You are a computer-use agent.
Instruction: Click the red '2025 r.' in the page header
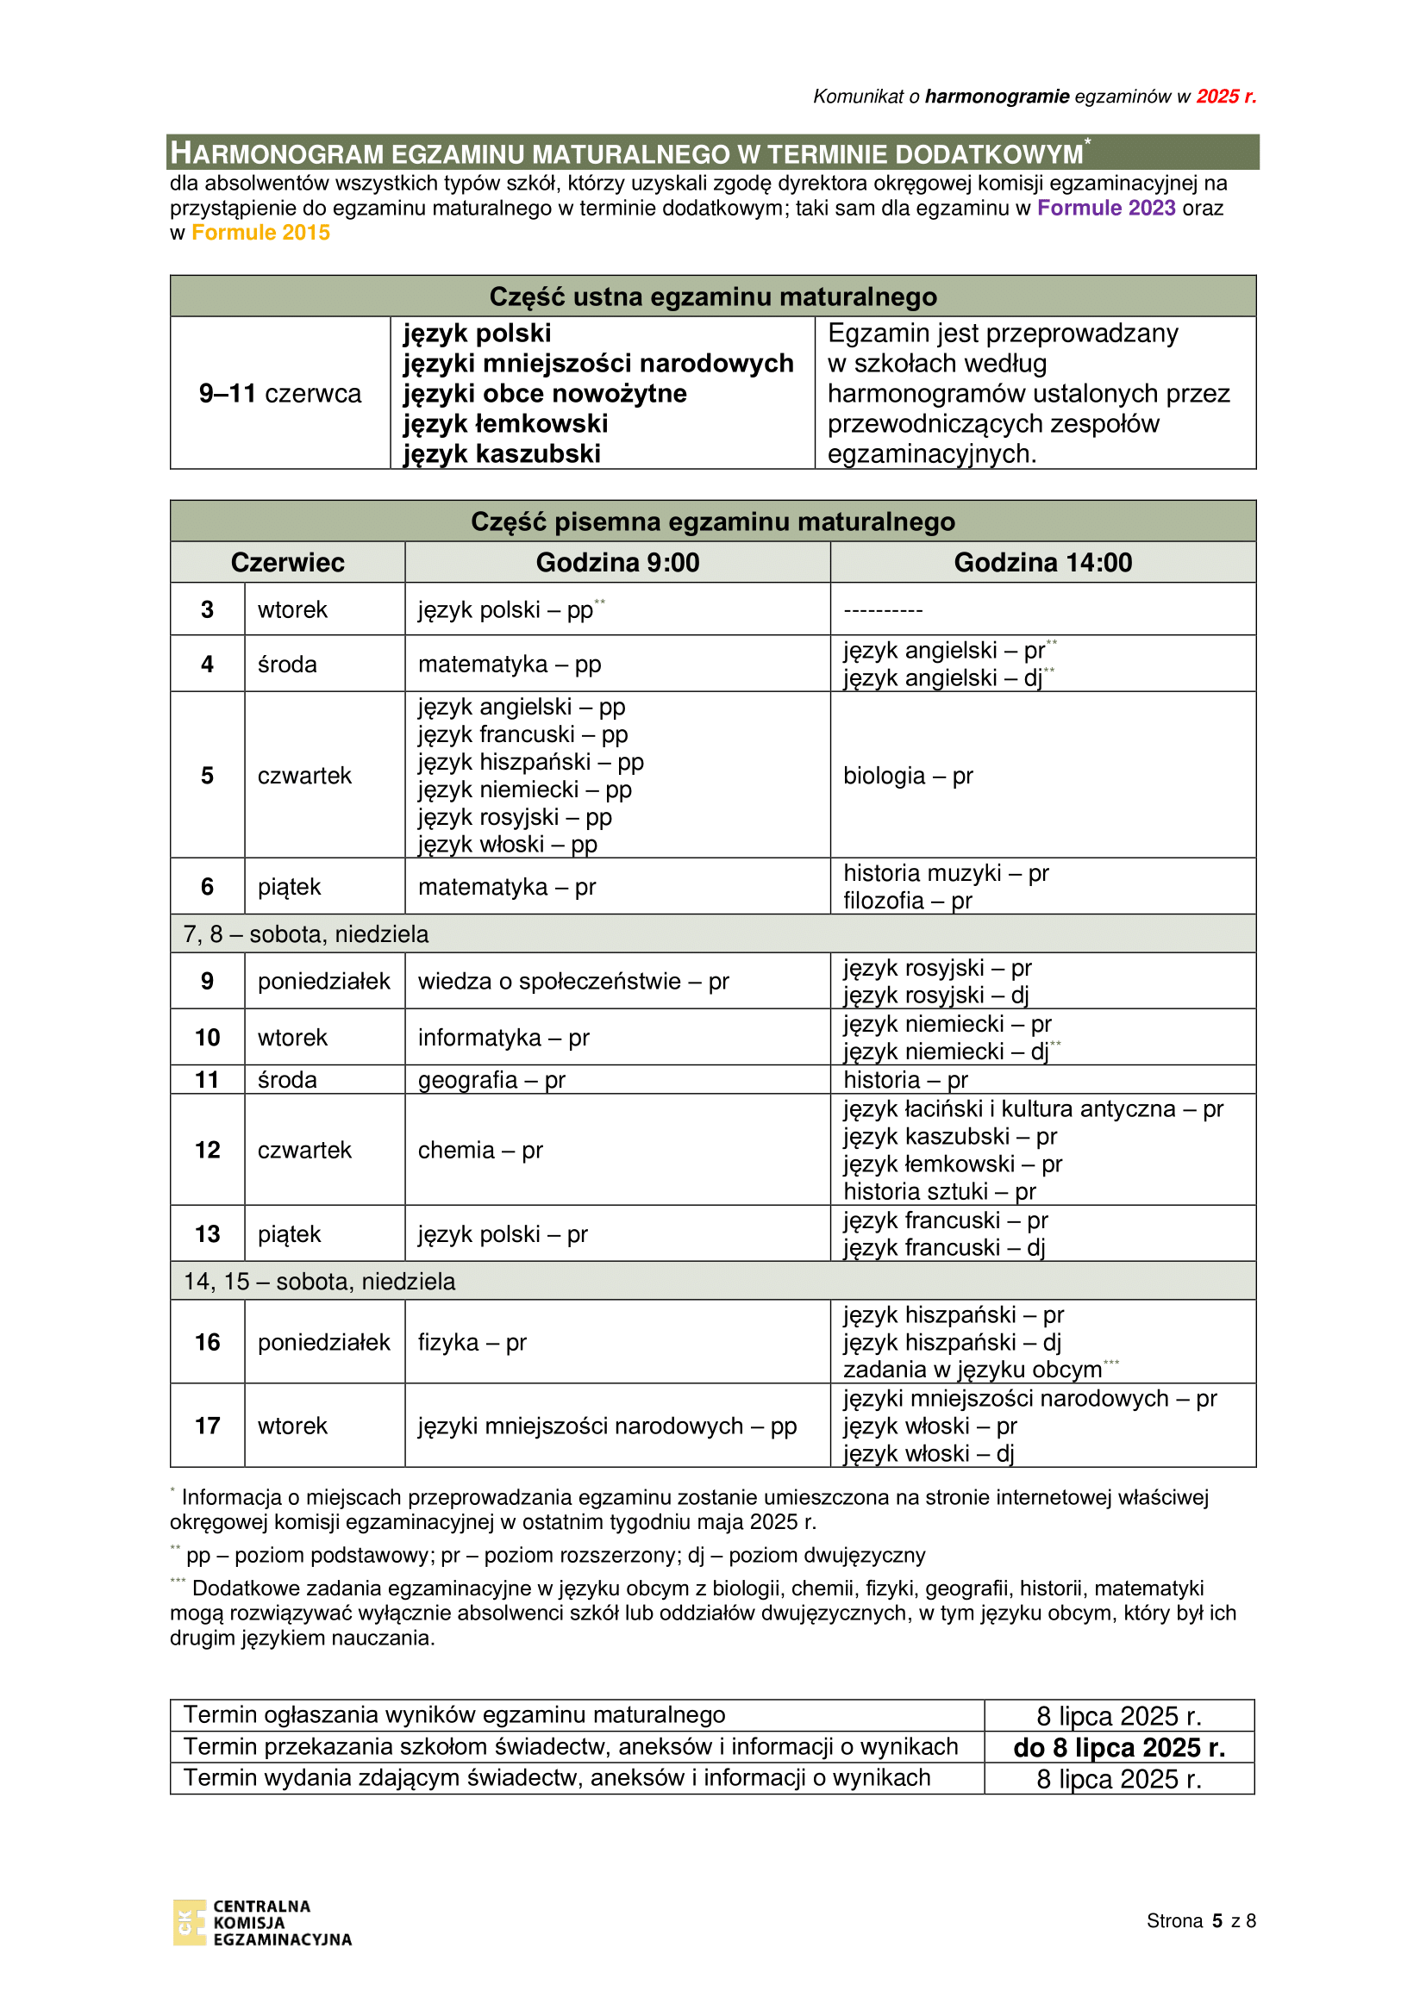coord(1226,97)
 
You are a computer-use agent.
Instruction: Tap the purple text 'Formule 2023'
coord(1105,208)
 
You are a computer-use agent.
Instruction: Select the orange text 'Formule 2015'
coord(260,233)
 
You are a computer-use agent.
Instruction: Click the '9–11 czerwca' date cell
coord(280,393)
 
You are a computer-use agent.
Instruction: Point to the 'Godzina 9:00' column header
coord(617,563)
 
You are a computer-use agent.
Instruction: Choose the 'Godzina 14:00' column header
coord(1042,563)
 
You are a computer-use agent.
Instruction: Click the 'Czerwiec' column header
coord(287,563)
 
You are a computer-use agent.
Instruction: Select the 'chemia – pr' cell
coord(480,1151)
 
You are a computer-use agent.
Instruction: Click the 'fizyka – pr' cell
coord(472,1343)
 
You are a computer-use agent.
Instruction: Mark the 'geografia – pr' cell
coord(491,1080)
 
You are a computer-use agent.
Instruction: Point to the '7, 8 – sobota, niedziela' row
coord(305,934)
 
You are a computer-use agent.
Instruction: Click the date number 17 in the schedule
coord(207,1426)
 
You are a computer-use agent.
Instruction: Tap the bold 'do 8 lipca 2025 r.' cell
coord(1119,1748)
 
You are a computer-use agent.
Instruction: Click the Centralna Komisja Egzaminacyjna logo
coord(262,1923)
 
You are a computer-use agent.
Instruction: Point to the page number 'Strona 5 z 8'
coord(1200,1921)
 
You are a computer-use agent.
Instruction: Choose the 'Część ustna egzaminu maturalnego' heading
coord(712,296)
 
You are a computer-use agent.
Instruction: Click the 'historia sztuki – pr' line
coord(940,1191)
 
